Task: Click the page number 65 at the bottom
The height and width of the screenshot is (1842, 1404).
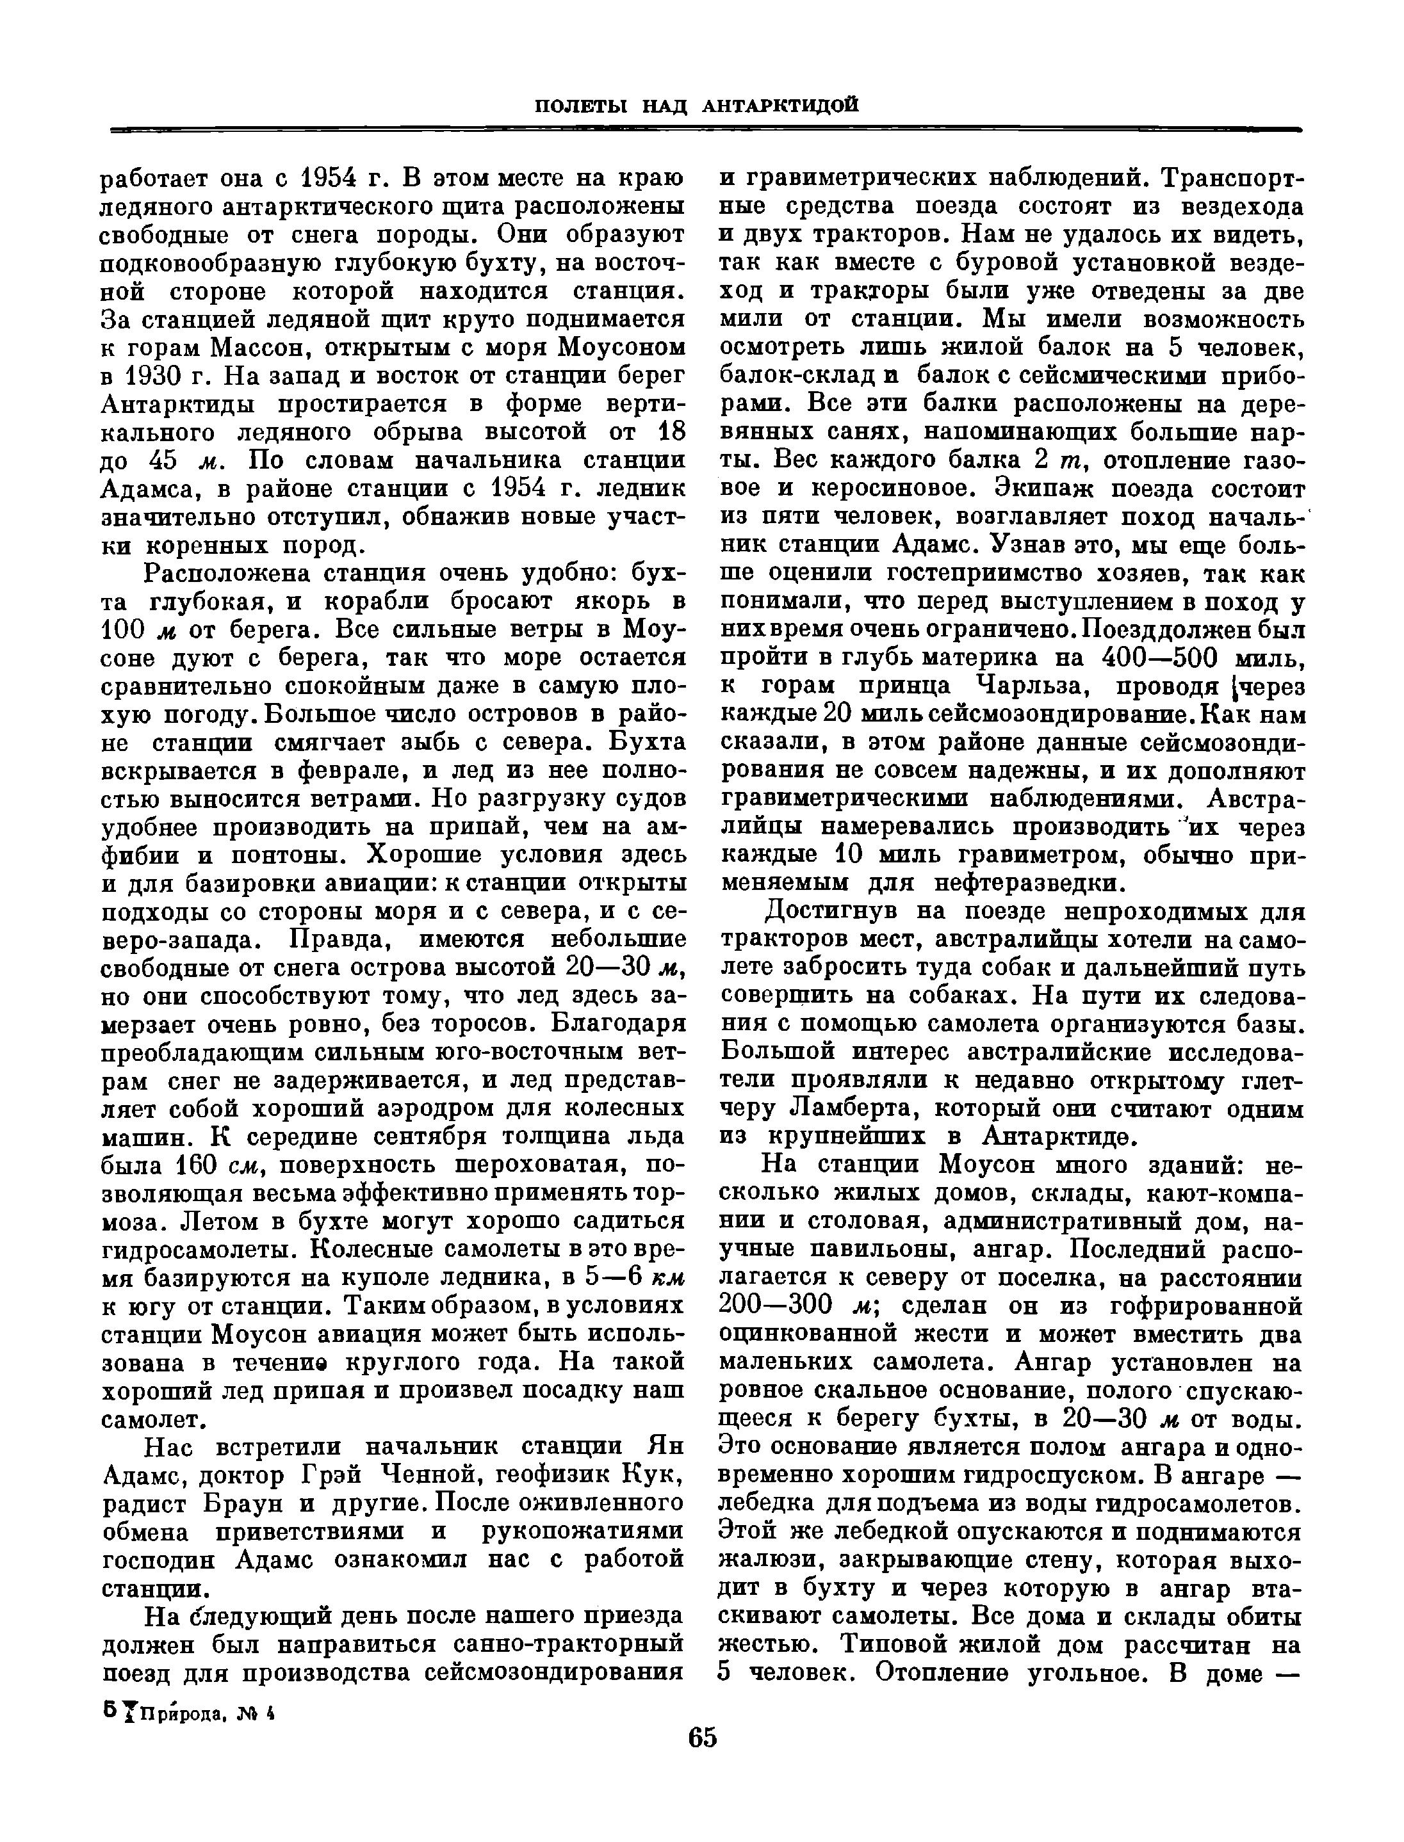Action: (703, 1737)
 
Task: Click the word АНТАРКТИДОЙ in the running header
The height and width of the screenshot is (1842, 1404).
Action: (781, 105)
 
